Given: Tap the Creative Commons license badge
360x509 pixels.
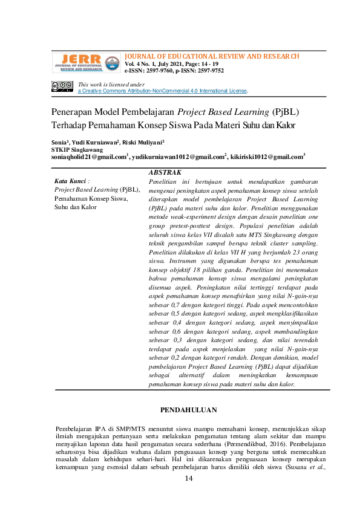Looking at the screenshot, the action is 62,87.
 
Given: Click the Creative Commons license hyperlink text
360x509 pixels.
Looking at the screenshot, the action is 163,91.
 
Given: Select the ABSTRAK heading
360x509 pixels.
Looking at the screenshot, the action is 165,172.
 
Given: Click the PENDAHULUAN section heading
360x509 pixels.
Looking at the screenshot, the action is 188,410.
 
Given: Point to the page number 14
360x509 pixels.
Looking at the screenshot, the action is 188,478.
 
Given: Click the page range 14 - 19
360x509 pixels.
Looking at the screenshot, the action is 206,63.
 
